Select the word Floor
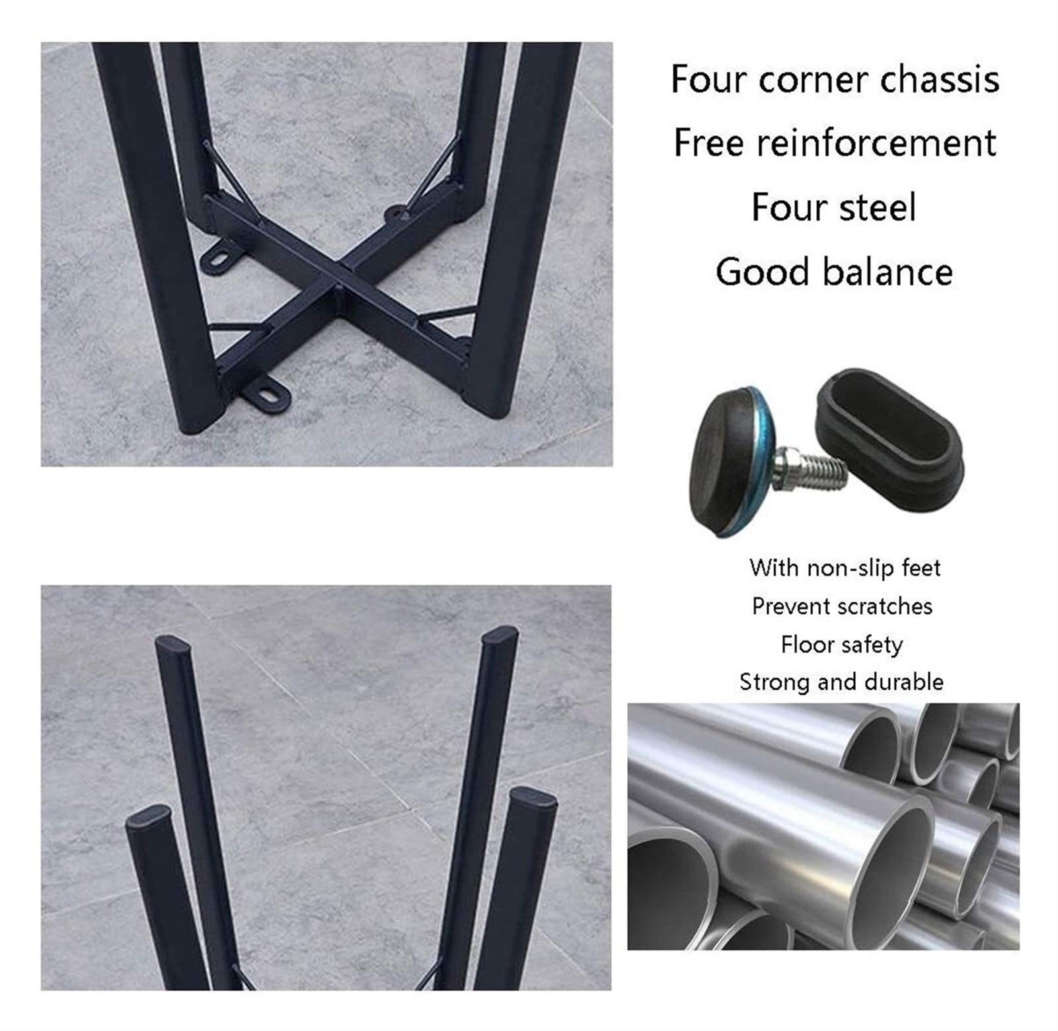tap(801, 644)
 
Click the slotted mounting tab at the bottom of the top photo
tap(268, 396)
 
